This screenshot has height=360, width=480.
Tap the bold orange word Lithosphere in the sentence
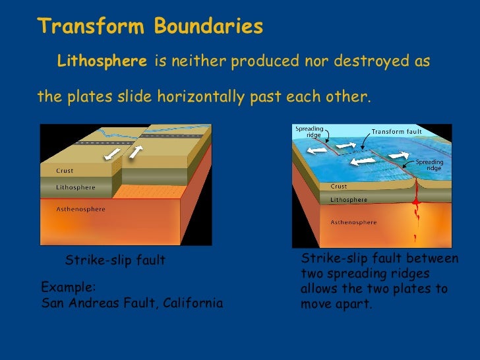(102, 62)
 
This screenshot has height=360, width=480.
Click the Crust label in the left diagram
(63, 171)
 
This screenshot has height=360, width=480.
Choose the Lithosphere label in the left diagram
(75, 187)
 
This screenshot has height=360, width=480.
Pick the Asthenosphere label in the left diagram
(80, 209)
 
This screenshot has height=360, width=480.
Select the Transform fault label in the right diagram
(398, 131)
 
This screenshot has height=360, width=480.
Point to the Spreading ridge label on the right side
(429, 165)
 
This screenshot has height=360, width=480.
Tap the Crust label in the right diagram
(339, 186)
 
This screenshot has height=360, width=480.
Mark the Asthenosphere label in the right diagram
(353, 222)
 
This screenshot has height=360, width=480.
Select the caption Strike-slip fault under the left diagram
(115, 261)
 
